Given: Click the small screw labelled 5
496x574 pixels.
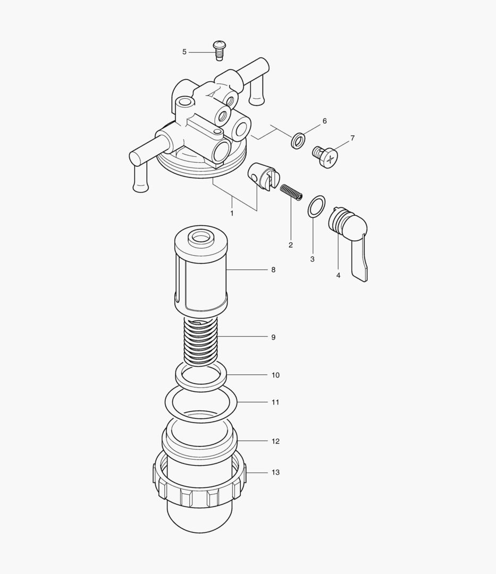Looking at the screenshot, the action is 219,51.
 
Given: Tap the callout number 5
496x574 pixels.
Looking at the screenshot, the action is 184,52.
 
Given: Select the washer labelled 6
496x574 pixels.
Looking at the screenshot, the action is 298,140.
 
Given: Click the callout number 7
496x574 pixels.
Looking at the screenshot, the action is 352,138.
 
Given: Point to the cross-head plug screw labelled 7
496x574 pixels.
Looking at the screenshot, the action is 325,157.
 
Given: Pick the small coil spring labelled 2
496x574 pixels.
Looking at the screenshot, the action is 291,192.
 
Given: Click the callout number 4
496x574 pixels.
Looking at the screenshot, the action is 338,275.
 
